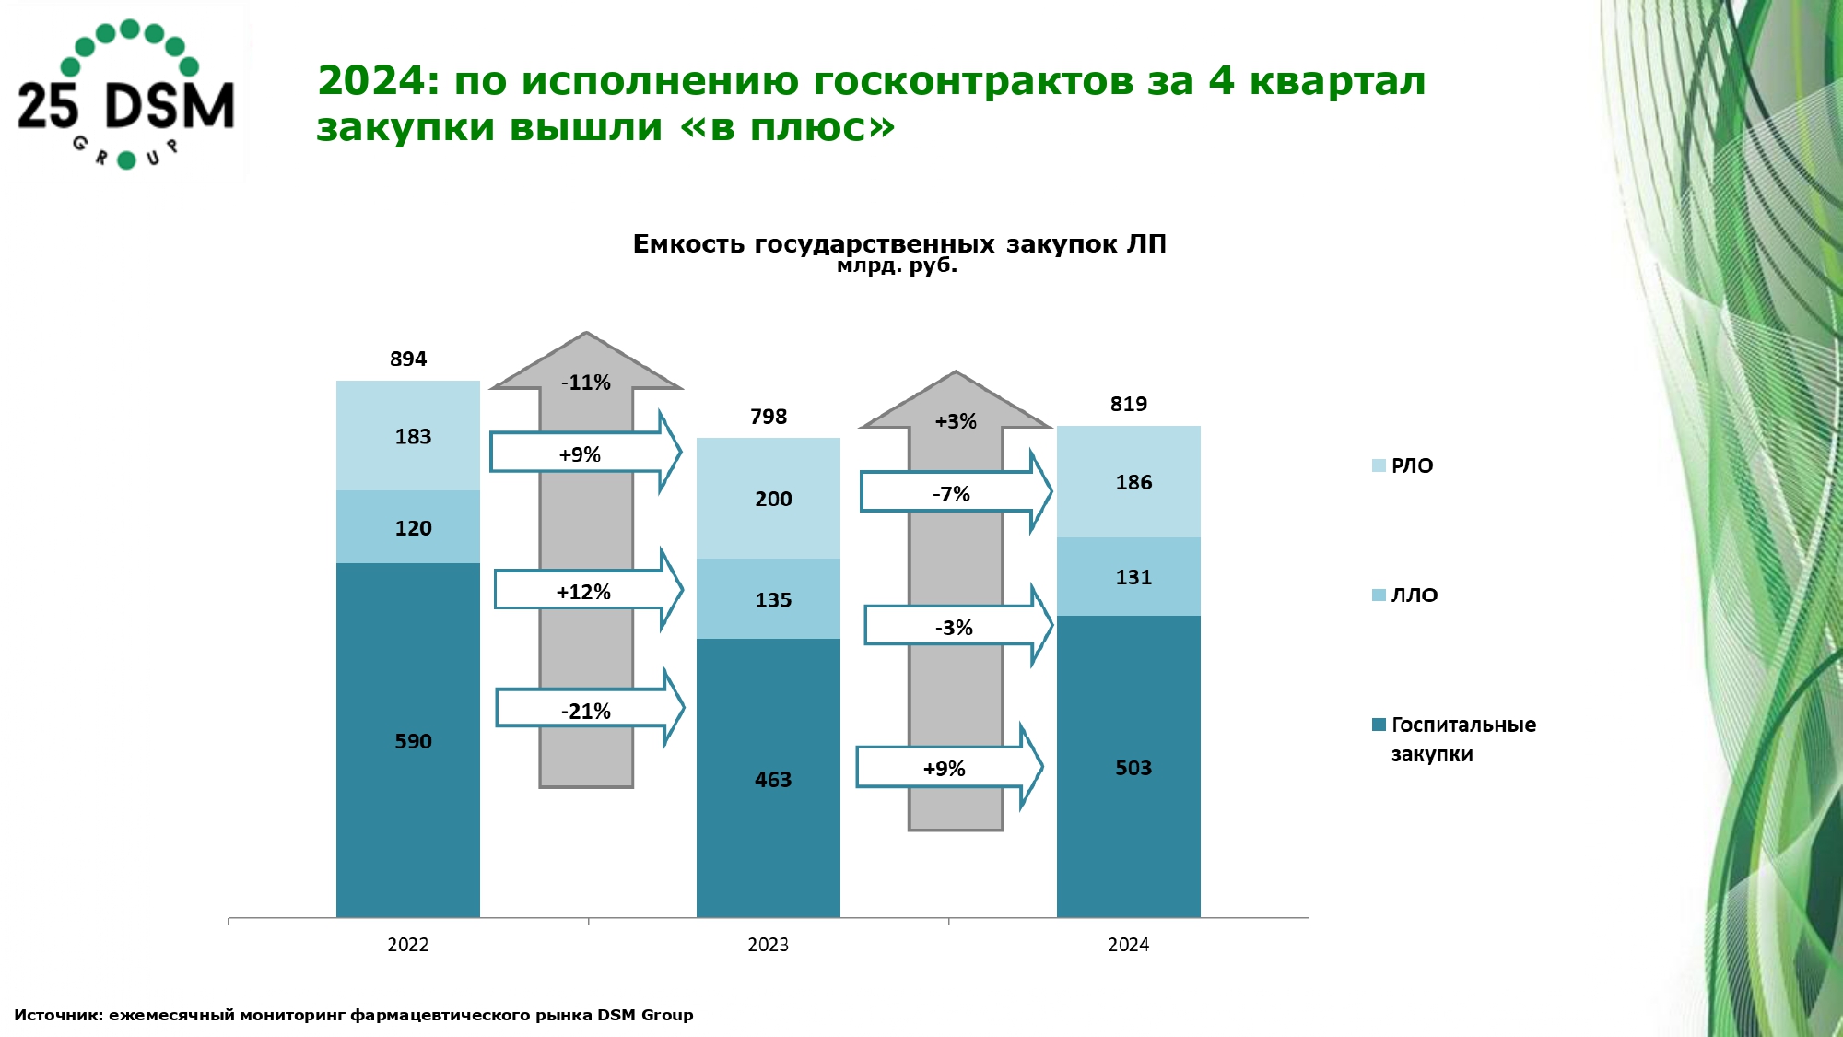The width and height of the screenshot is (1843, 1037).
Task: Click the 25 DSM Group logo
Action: tap(126, 95)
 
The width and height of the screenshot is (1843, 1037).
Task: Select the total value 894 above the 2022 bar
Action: tap(408, 359)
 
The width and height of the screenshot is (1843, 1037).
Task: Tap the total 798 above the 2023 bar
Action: tap(769, 417)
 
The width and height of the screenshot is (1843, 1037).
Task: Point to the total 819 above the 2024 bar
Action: tap(1129, 404)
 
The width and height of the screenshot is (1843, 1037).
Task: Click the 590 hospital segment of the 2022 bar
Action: tap(408, 740)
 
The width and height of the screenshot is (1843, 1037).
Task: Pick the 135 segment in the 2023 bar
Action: tap(769, 599)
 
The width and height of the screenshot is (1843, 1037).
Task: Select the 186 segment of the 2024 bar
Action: tap(1129, 481)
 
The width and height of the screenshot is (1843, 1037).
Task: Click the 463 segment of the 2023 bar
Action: tap(769, 778)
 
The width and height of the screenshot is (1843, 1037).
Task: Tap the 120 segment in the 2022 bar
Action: tap(408, 527)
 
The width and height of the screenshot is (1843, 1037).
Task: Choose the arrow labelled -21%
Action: tap(590, 708)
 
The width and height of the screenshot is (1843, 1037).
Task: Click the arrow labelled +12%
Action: tap(588, 590)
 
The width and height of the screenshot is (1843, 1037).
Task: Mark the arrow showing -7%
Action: tap(956, 491)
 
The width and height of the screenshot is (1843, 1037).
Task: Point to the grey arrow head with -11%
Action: tap(586, 363)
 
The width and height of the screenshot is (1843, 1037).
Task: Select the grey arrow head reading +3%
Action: tap(956, 402)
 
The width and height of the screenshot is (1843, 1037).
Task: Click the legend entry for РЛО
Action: tap(1403, 465)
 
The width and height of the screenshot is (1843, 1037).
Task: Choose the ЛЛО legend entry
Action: tap(1404, 595)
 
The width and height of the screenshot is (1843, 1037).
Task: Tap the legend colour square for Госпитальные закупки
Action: tap(1379, 725)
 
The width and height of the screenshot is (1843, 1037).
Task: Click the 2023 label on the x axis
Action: tap(769, 944)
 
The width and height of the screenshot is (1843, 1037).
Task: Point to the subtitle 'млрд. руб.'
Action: tap(898, 266)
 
